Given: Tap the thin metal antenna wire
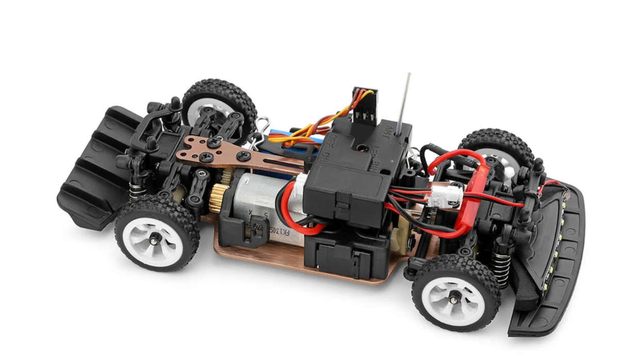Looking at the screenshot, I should point(404,103).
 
